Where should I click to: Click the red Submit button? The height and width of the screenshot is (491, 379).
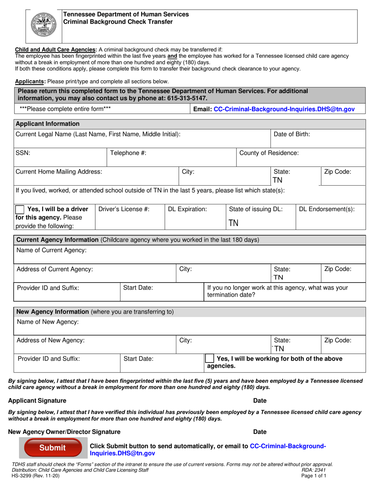[52, 447]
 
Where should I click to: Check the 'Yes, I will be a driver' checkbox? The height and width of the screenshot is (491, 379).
[20, 209]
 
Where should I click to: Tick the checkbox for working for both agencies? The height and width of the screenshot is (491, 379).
[209, 359]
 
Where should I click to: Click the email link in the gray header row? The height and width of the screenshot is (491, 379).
[284, 109]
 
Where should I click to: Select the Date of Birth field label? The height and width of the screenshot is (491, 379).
[292, 135]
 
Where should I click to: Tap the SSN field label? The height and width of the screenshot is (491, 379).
[23, 153]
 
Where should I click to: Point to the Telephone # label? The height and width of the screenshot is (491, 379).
[128, 153]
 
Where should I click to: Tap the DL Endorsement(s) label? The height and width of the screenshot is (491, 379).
[327, 209]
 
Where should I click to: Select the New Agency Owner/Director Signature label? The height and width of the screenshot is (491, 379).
[64, 432]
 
